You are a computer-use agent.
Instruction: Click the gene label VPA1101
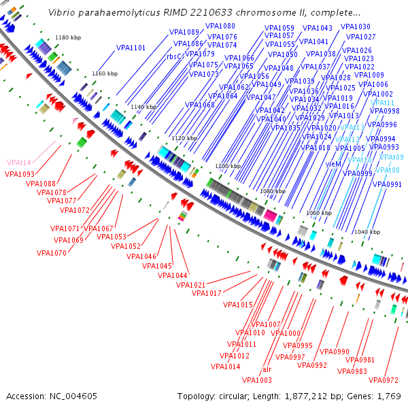131,48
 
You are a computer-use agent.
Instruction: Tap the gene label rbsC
174,57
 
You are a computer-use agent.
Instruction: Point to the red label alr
267,370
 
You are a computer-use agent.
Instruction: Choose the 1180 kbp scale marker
68,38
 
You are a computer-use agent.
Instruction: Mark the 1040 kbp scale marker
367,233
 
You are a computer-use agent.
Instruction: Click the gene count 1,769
386,396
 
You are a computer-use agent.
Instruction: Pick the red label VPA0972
383,379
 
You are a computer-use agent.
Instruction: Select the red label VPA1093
19,174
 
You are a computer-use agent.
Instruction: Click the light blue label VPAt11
382,103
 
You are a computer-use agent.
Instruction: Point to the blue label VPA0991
388,184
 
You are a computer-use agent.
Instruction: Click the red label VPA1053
111,237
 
